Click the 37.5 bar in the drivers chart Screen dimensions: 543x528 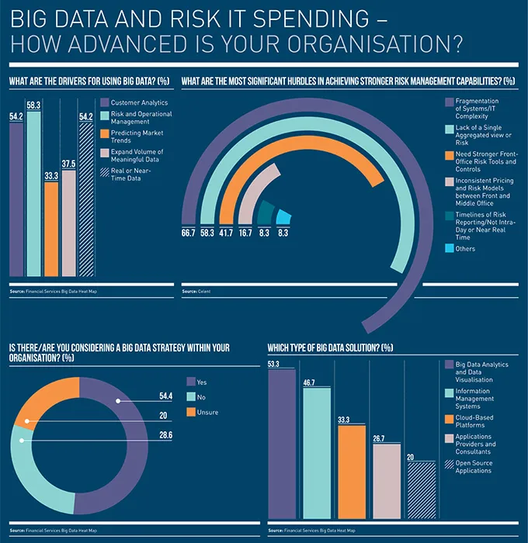click(68, 225)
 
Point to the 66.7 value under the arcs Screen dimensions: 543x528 click(189, 232)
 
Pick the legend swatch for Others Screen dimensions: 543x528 click(449, 248)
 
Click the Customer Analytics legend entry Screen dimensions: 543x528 click(138, 102)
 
